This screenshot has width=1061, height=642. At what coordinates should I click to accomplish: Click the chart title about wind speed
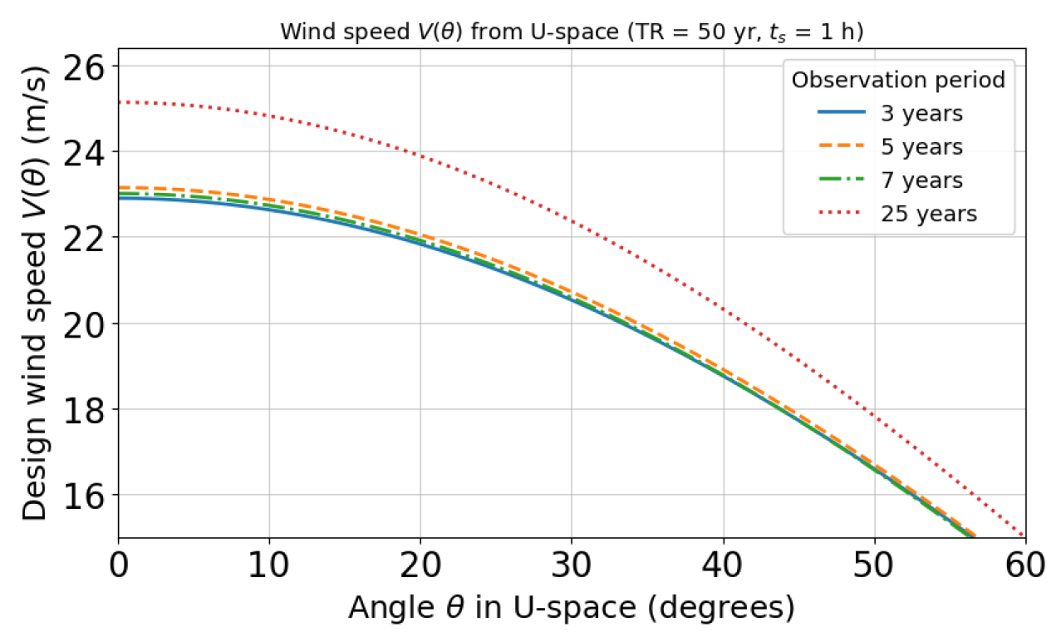572,32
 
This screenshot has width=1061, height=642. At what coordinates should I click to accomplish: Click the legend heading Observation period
898,80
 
